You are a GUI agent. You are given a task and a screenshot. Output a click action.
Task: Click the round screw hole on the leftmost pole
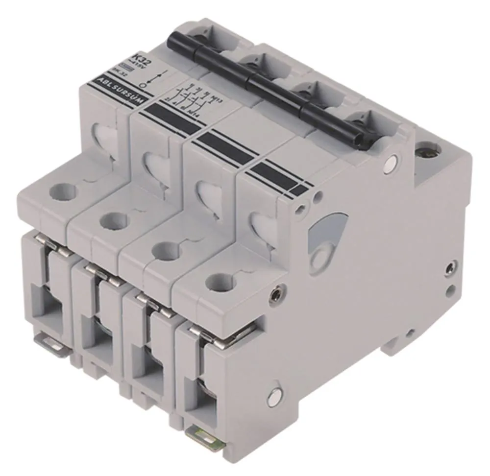tap(64, 190)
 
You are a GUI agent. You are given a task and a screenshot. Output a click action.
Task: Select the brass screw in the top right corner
tap(426, 149)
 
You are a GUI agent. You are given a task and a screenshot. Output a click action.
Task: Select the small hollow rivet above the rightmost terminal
tap(277, 293)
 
